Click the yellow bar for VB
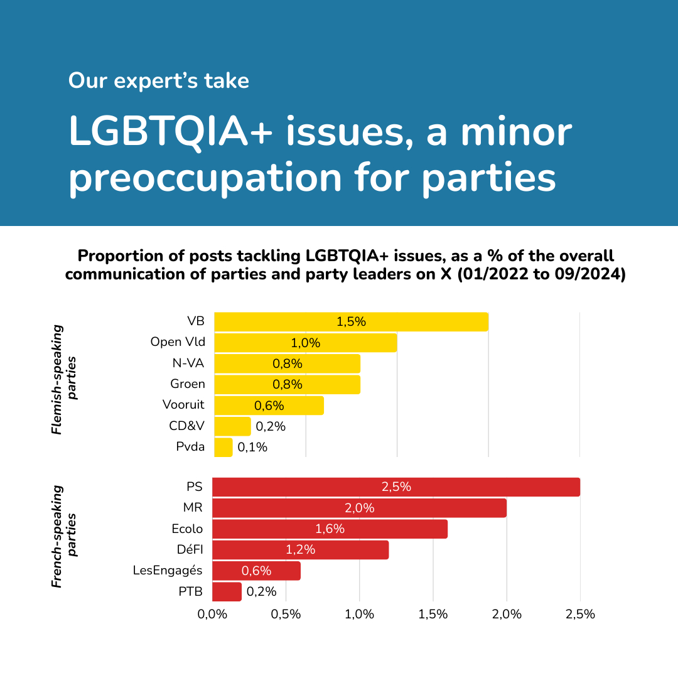click(351, 322)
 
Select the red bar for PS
click(395, 487)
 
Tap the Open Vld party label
click(178, 342)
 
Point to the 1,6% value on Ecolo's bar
click(330, 529)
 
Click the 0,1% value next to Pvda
click(252, 447)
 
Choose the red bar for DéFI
click(300, 550)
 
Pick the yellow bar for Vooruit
click(269, 406)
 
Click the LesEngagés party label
click(168, 570)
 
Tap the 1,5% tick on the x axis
click(433, 614)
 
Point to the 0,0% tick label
click(212, 614)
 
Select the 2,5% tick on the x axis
click(580, 614)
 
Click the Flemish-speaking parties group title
click(64, 380)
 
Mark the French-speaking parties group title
click(64, 536)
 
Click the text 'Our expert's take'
click(158, 81)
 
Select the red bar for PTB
click(227, 591)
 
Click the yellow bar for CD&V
click(232, 426)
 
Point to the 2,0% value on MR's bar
click(359, 508)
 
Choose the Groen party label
click(187, 384)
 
